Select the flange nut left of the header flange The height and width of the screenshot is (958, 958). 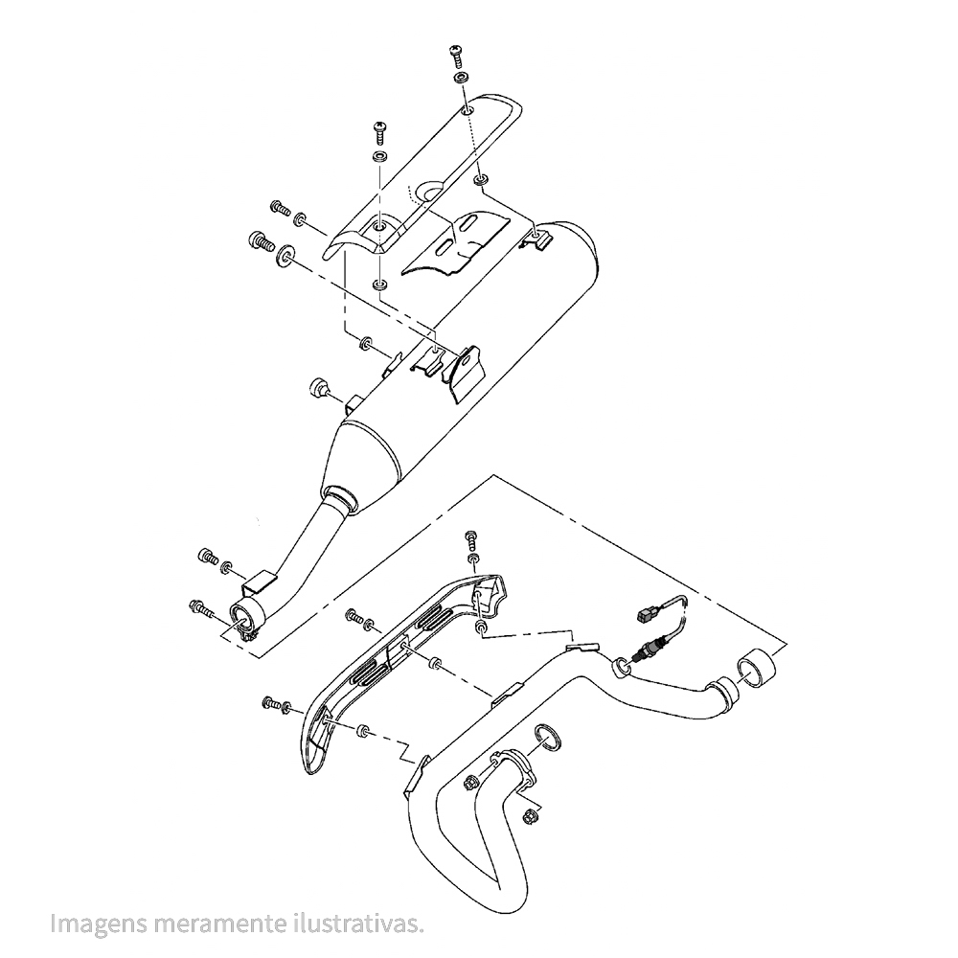coord(470,782)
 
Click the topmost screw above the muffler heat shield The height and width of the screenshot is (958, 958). coord(458,53)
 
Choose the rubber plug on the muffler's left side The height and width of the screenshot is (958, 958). coord(318,387)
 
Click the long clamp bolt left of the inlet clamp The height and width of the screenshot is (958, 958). coord(202,607)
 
